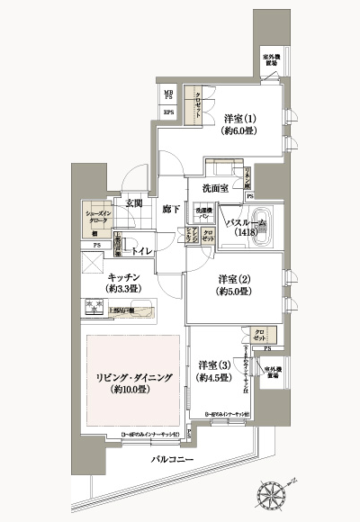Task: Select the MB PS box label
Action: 168,94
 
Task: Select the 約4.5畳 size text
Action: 214,378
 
